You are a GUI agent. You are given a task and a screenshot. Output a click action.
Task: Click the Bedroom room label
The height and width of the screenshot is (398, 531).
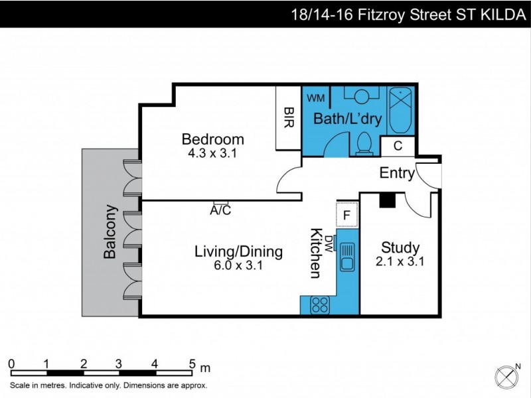212,139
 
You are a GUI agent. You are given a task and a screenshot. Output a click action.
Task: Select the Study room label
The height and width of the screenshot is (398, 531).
400,248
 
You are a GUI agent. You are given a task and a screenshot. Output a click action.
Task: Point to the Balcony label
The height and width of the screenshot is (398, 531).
110,232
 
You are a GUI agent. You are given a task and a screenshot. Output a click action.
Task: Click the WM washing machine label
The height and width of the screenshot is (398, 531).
316,98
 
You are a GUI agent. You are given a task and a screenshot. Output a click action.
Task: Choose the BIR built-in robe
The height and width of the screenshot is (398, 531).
289,119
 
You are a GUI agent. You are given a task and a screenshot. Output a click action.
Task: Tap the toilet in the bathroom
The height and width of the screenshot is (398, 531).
364,143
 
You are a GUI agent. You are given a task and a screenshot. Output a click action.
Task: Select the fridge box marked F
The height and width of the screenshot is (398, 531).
347,215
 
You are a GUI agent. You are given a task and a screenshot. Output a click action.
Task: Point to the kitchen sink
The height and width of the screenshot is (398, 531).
346,257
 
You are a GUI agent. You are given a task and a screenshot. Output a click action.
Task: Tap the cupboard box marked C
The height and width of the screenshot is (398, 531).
398,146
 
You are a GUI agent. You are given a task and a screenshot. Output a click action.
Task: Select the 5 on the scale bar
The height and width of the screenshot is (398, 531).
192,363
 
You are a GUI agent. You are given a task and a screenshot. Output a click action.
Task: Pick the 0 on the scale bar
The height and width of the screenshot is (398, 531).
11,363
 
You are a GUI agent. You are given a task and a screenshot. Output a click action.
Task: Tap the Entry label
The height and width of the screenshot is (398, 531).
397,174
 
